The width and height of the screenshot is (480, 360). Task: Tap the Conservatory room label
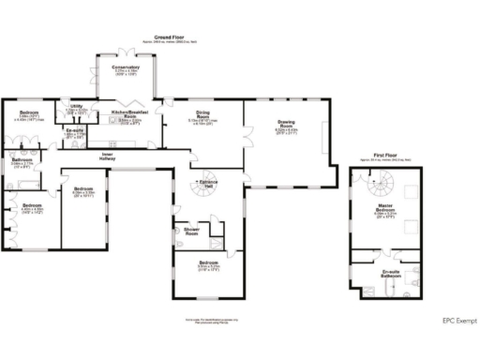(x=126, y=67)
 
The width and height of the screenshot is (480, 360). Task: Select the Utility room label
(x=76, y=107)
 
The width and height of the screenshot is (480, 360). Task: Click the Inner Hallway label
(x=108, y=156)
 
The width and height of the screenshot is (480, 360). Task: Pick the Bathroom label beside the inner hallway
(x=23, y=159)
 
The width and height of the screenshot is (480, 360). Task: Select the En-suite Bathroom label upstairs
(x=392, y=274)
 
